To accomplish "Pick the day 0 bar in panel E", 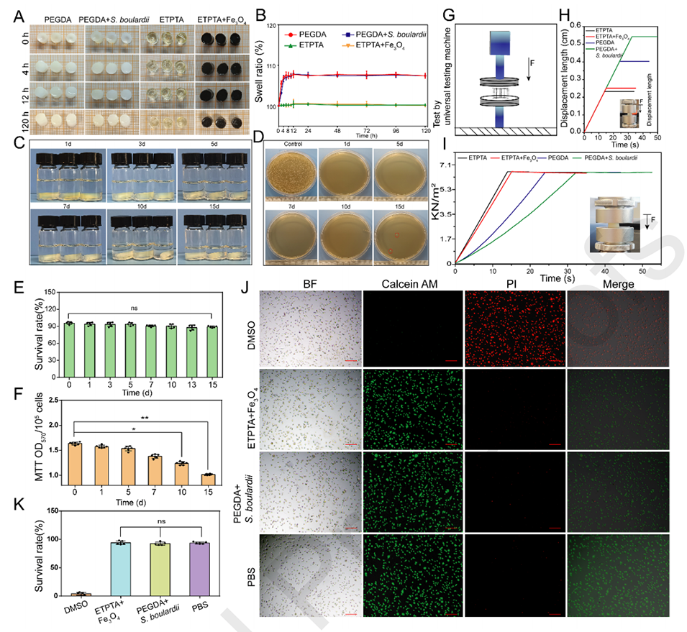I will (69, 349).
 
